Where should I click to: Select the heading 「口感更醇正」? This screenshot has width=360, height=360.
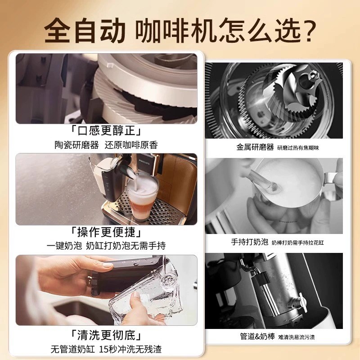(106, 132)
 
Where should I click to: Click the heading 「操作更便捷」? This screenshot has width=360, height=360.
(106, 233)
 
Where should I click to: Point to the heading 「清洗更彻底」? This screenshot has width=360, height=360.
(106, 336)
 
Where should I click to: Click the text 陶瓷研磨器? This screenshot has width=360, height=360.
(76, 145)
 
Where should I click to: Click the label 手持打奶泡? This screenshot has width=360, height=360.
(250, 242)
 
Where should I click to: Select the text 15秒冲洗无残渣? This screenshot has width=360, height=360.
(132, 349)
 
